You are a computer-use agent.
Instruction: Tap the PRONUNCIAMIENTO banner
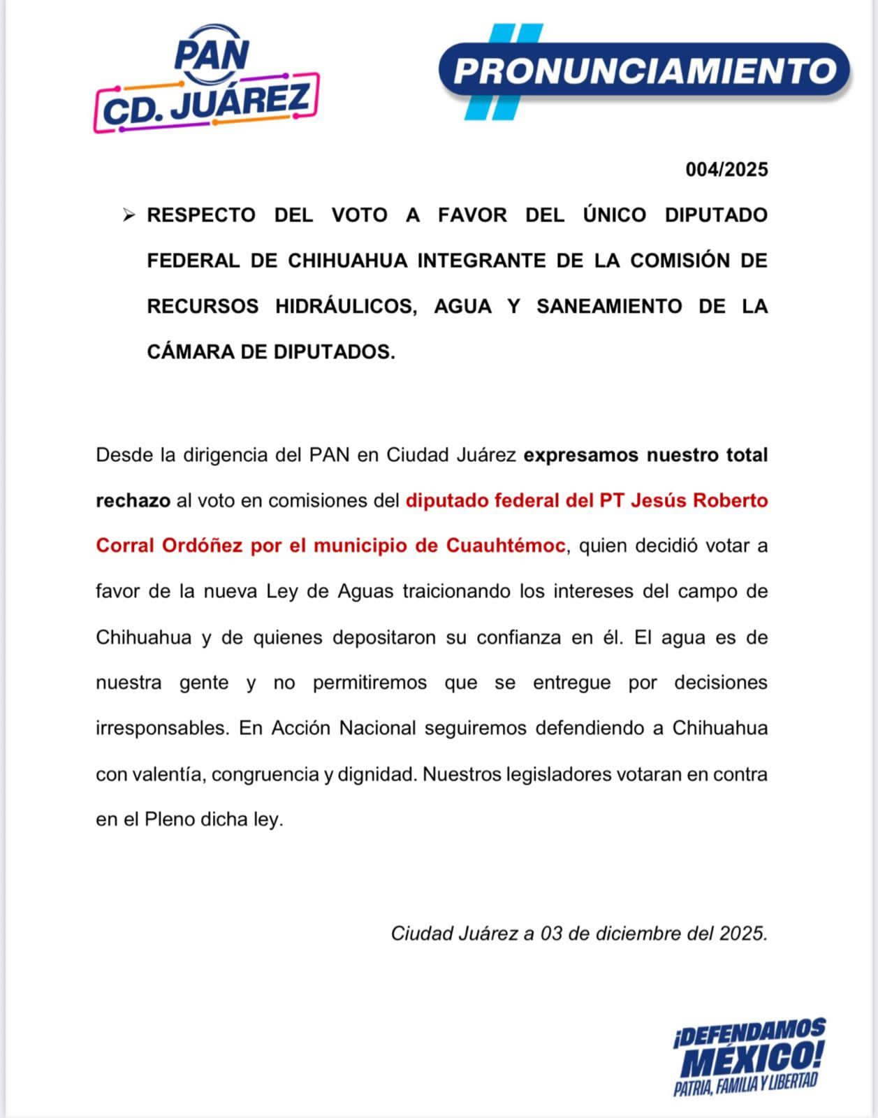click(x=645, y=71)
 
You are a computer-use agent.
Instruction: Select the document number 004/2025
click(x=726, y=170)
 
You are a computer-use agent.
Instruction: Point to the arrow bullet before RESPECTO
click(x=129, y=215)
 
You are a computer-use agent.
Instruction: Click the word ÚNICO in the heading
click(x=615, y=215)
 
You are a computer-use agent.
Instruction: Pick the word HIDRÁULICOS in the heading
click(x=346, y=306)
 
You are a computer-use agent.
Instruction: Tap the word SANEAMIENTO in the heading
click(x=608, y=306)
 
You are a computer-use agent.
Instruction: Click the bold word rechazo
click(x=133, y=500)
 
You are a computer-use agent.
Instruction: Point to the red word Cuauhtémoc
click(x=506, y=546)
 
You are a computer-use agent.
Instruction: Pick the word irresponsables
click(x=162, y=728)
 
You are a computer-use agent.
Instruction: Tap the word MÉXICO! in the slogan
click(x=752, y=1060)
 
